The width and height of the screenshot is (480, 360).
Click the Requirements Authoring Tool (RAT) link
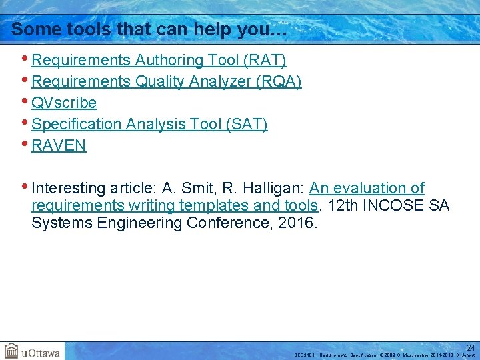click(159, 61)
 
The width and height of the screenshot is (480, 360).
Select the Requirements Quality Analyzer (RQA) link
click(167, 82)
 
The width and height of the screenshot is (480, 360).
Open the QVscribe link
click(64, 103)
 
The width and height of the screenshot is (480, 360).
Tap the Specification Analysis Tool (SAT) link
click(149, 125)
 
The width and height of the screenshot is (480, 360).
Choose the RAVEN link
click(59, 146)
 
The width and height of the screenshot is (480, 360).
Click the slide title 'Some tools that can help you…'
click(149, 29)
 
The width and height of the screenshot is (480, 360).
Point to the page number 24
click(470, 347)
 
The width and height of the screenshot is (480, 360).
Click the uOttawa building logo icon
click(11, 351)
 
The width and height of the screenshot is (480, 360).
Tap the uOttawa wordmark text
click(41, 352)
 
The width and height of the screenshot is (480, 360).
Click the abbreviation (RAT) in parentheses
click(265, 61)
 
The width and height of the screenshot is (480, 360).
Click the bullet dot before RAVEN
click(25, 145)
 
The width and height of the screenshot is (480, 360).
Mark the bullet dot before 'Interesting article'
click(25, 187)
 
